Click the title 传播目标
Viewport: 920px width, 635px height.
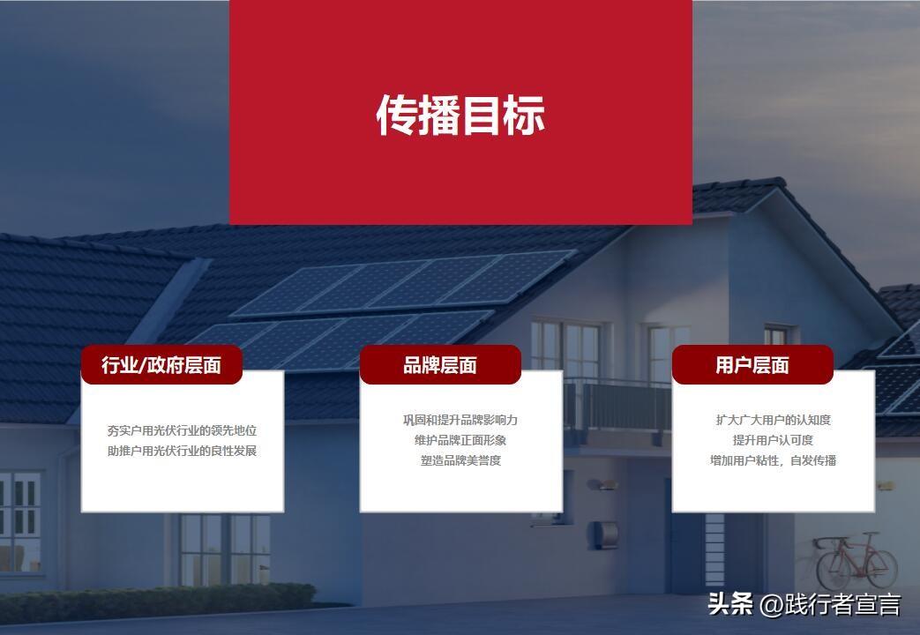click(x=460, y=116)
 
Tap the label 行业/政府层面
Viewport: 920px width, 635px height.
click(x=161, y=365)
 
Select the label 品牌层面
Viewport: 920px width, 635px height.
click(x=440, y=365)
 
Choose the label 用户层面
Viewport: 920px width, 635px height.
click(x=752, y=365)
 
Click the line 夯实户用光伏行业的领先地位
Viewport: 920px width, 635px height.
click(x=183, y=430)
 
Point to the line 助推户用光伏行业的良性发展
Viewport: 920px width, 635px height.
click(x=183, y=451)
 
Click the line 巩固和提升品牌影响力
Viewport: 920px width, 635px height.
click(x=460, y=420)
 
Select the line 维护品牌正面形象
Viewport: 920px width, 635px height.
click(x=460, y=440)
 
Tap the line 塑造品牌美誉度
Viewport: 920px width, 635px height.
click(x=460, y=460)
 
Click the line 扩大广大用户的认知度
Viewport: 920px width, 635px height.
click(x=774, y=420)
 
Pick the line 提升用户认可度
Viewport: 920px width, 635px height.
click(x=774, y=440)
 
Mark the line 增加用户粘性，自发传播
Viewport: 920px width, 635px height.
click(x=774, y=460)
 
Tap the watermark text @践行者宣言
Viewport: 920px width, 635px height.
click(x=830, y=604)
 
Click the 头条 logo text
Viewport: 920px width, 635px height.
click(x=730, y=604)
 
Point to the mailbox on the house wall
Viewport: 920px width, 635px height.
click(x=603, y=534)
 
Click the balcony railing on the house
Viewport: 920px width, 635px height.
click(x=617, y=406)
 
